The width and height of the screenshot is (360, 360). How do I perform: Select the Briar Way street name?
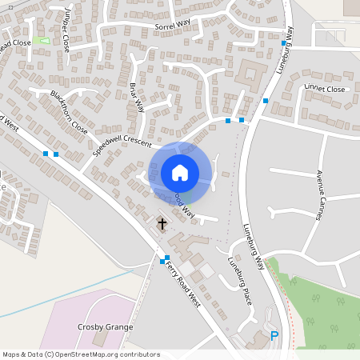[137, 97]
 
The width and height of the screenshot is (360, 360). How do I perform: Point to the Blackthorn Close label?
[69, 110]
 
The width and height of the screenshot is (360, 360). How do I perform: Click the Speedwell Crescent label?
[121, 140]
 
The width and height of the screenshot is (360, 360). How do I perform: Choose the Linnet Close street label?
[324, 89]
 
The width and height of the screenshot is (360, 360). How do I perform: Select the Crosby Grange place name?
[105, 327]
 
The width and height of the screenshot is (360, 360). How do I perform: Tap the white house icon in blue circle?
[180, 173]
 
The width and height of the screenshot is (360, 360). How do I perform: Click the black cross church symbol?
[162, 223]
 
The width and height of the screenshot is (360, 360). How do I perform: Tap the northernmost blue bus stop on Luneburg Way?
[283, 44]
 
